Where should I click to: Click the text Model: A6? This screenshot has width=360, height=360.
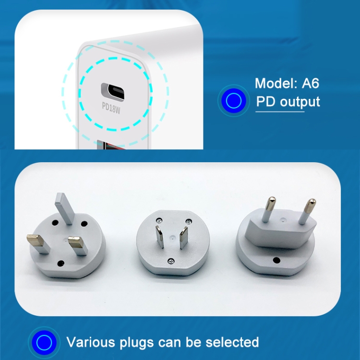point(287,83)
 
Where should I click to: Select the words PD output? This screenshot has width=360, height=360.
point(287,102)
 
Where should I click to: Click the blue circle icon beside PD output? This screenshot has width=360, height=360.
point(233,101)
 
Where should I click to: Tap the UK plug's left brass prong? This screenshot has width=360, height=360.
point(38,243)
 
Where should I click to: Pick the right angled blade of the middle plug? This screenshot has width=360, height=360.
point(182,237)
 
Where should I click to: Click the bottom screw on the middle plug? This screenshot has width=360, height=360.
point(171,261)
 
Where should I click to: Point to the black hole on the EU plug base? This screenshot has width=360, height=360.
point(276,261)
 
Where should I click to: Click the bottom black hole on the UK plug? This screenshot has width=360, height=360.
point(61,263)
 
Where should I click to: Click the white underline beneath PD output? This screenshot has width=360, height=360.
point(279,112)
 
